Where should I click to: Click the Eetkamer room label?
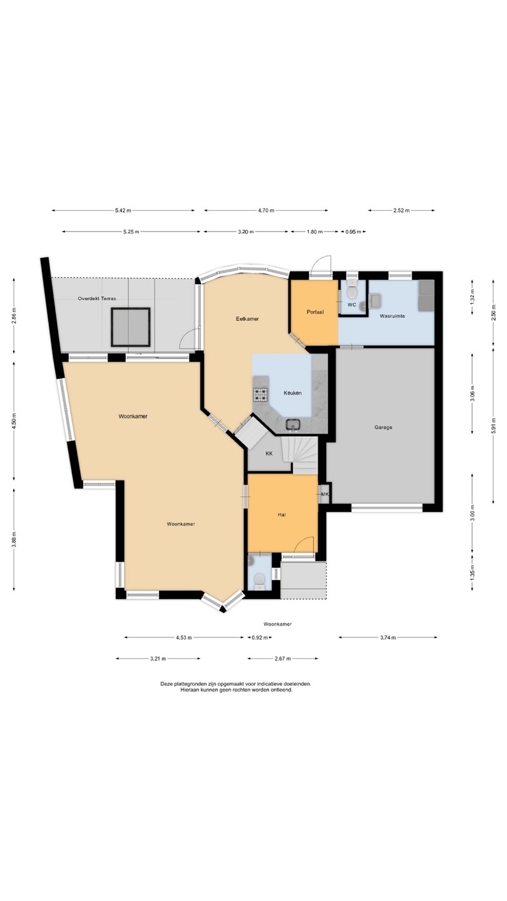coord(247,319)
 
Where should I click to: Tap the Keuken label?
coord(292,393)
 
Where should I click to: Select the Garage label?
coord(383,427)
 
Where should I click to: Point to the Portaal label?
coord(315,312)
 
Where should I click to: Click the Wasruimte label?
coord(392,316)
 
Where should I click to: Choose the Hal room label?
coord(282,515)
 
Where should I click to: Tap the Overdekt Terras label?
coord(97,298)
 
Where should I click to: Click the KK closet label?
coord(269,453)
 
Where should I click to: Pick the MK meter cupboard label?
coord(325,494)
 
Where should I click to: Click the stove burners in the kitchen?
coord(260,395)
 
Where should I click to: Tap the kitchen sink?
coord(293,424)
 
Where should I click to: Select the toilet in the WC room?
coord(352,290)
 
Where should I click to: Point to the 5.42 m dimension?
coord(123,210)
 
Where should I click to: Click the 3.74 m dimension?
coord(388,638)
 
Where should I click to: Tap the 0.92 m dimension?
coord(260,638)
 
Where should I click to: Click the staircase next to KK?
coord(300,456)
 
